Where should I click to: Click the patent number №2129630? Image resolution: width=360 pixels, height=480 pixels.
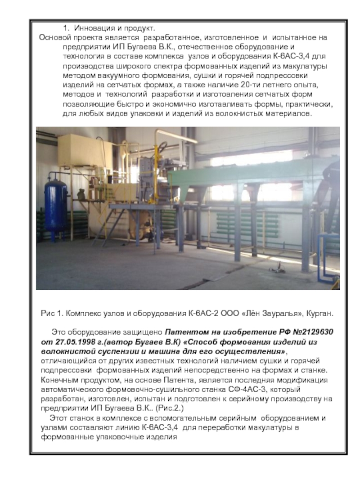coord(306,332)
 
